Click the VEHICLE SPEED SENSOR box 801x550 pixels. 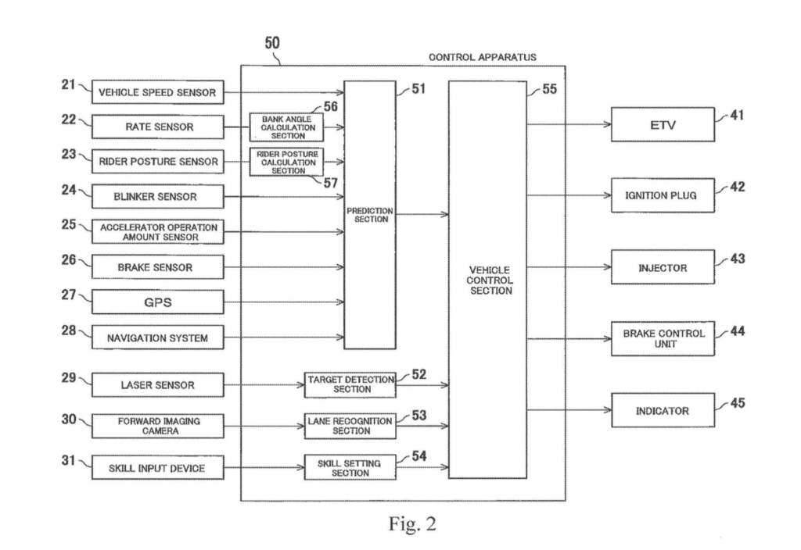[x=157, y=92]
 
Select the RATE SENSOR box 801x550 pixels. [x=157, y=127]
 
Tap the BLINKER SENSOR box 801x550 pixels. [x=157, y=196]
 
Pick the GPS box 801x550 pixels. [x=157, y=302]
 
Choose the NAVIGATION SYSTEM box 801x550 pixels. [x=157, y=337]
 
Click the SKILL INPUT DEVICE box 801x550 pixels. [x=157, y=468]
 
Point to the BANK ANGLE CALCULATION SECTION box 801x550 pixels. [x=286, y=127]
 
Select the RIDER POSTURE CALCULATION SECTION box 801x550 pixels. [x=286, y=162]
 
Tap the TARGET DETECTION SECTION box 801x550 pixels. [x=350, y=384]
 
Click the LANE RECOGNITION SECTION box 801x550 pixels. [x=350, y=426]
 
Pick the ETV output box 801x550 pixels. [x=663, y=124]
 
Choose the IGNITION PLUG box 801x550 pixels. [x=663, y=195]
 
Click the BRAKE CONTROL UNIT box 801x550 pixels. [x=663, y=338]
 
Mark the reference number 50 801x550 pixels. [x=271, y=43]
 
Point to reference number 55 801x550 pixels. [x=549, y=89]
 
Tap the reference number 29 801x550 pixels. [x=69, y=378]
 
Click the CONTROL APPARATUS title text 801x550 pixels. [x=482, y=57]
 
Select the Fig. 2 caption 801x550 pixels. [x=412, y=524]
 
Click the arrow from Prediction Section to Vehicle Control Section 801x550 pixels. [x=422, y=214]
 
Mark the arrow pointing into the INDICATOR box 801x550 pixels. [x=569, y=409]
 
